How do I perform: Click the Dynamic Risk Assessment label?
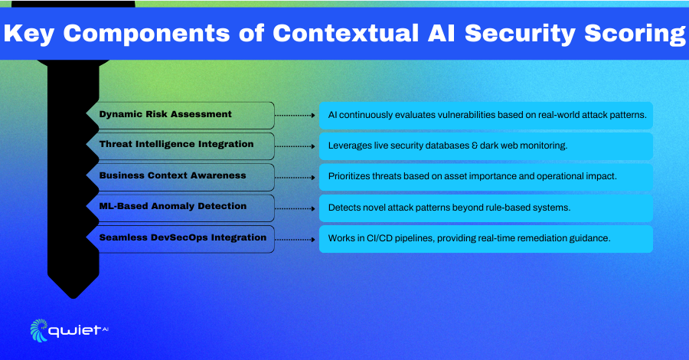point(165,114)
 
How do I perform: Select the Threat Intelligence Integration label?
point(176,144)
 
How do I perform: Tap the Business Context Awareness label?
point(172,175)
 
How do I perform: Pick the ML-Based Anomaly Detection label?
point(173,206)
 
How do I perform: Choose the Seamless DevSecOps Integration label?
point(183,237)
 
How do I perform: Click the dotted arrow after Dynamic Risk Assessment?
point(296,116)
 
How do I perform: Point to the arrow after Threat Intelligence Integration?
point(296,146)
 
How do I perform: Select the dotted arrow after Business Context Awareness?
point(296,178)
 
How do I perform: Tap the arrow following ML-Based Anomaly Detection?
point(296,208)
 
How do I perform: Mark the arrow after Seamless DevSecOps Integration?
point(296,240)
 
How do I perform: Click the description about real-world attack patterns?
point(488,115)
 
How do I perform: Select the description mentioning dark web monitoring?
point(448,146)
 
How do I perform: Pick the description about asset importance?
point(472,176)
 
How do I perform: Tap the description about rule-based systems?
point(449,208)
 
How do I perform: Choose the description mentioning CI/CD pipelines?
point(469,238)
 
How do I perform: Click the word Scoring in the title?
point(635,34)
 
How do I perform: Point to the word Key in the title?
point(28,34)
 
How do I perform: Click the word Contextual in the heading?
point(346,34)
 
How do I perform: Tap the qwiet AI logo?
point(70,330)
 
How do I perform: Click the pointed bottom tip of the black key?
point(73,298)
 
